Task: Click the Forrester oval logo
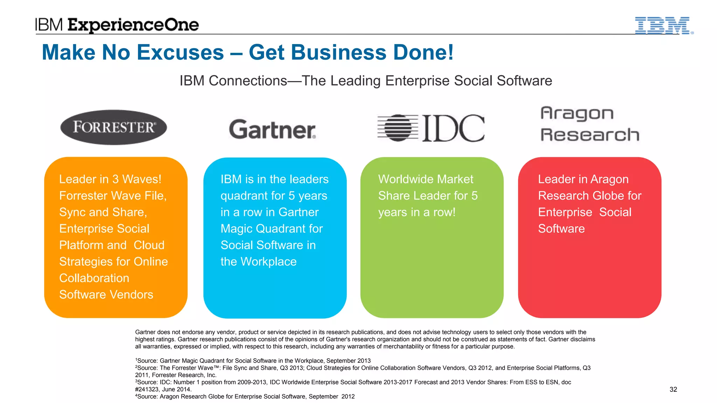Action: click(113, 127)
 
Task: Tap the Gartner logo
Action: click(272, 129)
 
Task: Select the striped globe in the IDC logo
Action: click(398, 128)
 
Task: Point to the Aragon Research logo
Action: click(590, 124)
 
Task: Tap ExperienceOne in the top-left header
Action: click(133, 25)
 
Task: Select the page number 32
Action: click(673, 389)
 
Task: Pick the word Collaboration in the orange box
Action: click(94, 278)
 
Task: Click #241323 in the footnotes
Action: click(147, 389)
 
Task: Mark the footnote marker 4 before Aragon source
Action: click(136, 395)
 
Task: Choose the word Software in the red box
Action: click(561, 229)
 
